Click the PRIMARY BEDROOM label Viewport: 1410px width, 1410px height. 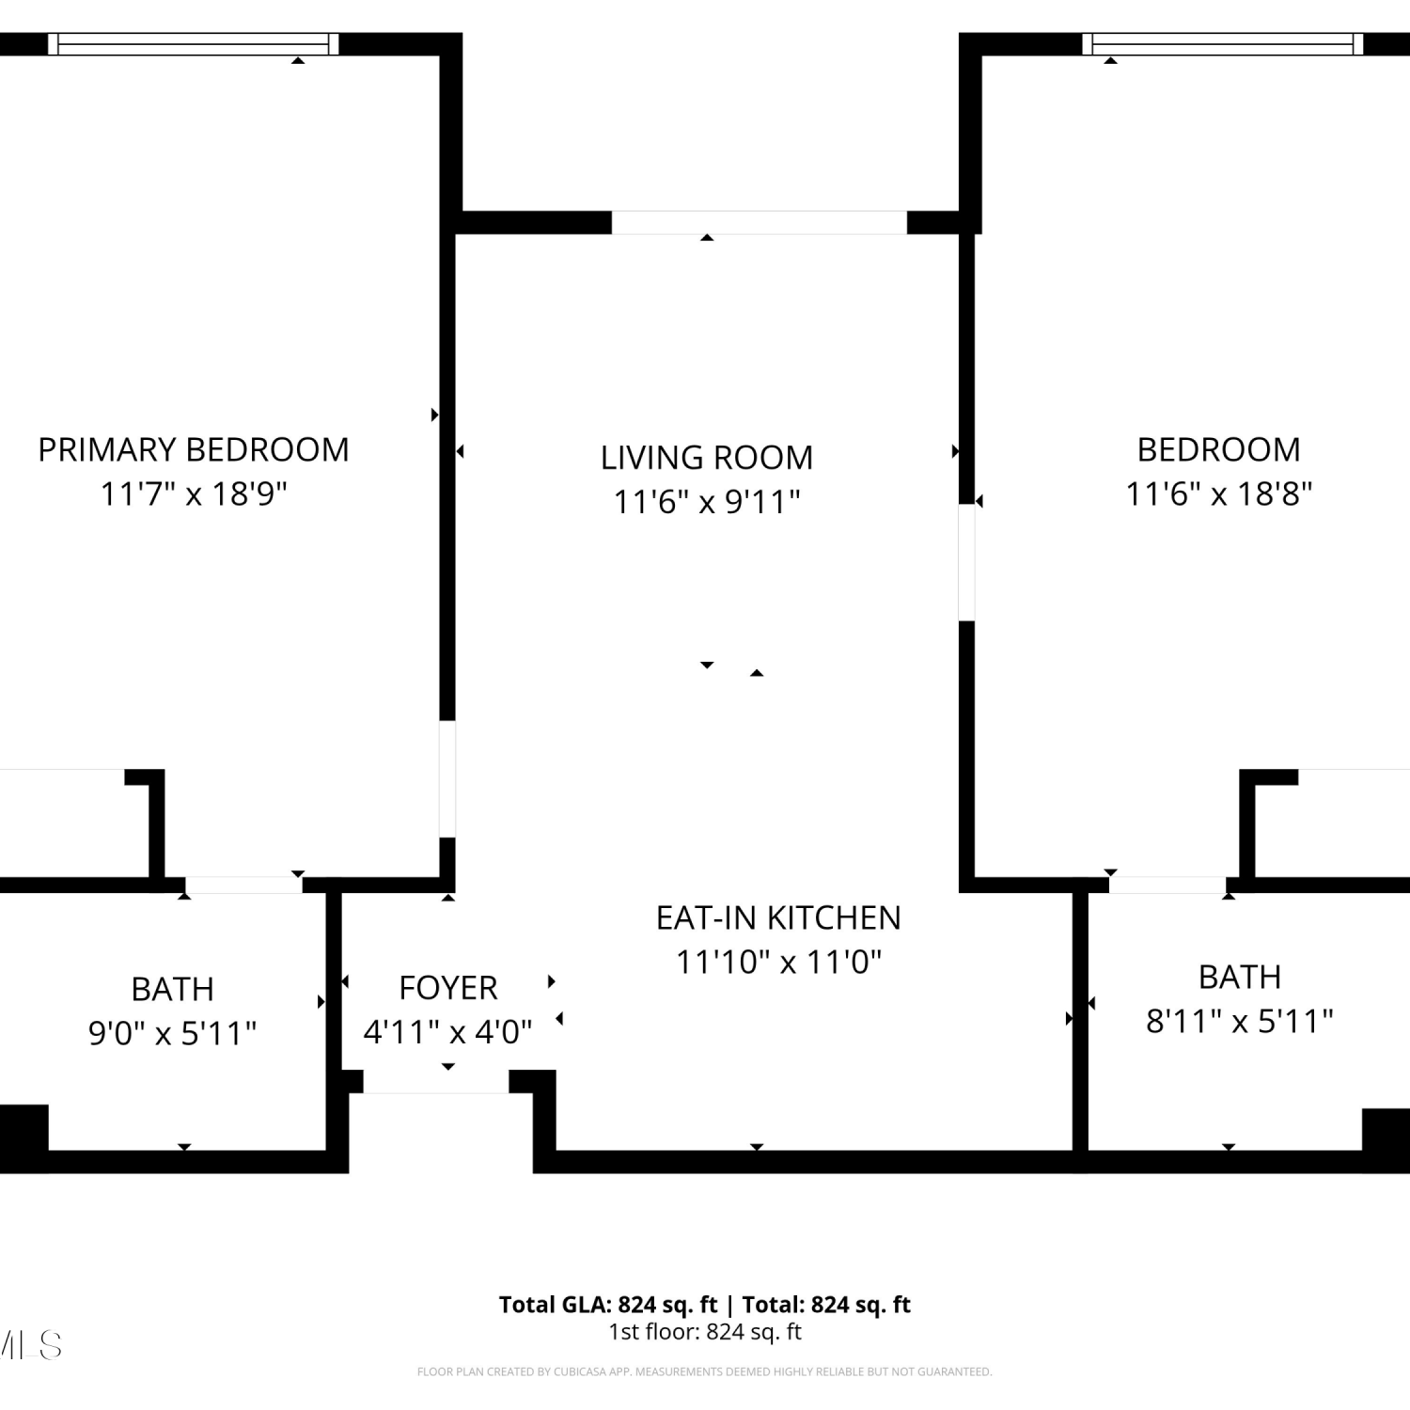coord(194,449)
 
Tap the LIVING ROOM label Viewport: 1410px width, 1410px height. coord(707,458)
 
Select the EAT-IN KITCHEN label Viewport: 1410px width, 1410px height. coord(778,917)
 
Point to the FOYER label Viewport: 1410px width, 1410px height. coord(448,988)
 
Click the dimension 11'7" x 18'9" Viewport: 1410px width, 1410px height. coord(194,493)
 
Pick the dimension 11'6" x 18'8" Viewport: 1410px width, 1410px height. coord(1219,493)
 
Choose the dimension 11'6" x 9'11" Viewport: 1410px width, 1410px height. coord(707,502)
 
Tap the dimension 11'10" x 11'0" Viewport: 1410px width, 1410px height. coord(779,962)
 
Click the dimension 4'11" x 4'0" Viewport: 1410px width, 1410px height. coord(448,1032)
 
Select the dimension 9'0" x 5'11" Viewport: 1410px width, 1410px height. coord(173,1033)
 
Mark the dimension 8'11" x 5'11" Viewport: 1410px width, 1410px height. coord(1240,1021)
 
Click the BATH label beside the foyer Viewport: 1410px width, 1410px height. coord(173,989)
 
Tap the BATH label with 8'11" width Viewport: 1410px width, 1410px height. coord(1240,977)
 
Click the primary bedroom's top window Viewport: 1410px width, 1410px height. coord(194,44)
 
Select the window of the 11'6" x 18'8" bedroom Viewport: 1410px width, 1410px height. coord(1223,44)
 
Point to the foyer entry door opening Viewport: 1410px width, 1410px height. coord(436,1082)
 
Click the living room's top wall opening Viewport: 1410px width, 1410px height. coord(760,223)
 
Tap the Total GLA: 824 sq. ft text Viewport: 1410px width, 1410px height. coord(608,1305)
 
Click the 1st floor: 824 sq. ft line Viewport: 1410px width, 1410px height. coord(705,1332)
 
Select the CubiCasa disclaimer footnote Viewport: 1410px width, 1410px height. coord(705,1372)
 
